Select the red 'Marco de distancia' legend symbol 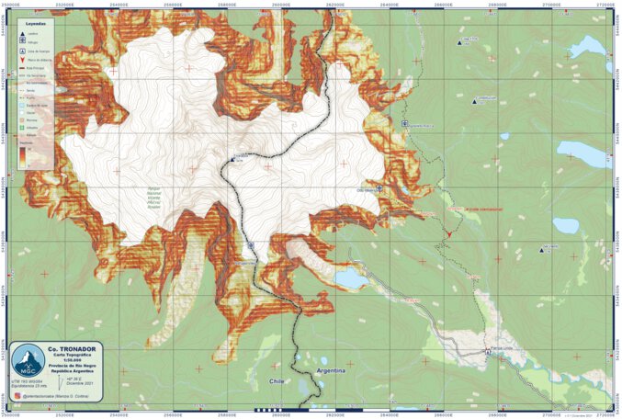click(x=21, y=59)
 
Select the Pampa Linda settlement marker click(x=488, y=351)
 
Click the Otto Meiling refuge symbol click(x=379, y=187)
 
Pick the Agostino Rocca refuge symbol click(x=405, y=123)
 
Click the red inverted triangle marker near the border click(x=449, y=236)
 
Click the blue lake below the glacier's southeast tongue click(x=349, y=277)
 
